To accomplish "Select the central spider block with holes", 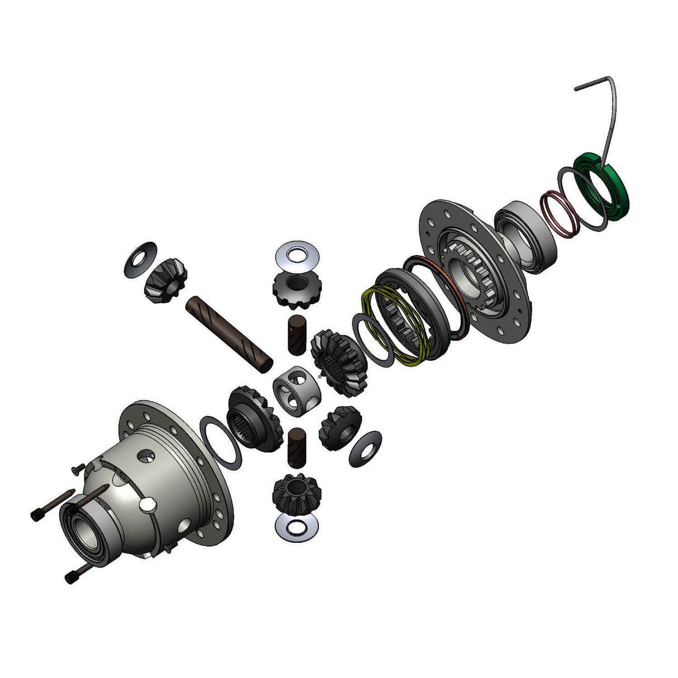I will pyautogui.click(x=296, y=389).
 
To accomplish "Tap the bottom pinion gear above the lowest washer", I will pyautogui.click(x=294, y=492).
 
